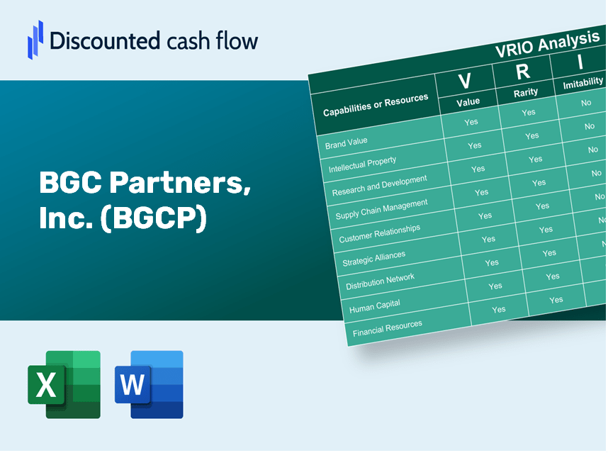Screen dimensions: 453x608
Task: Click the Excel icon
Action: pos(64,384)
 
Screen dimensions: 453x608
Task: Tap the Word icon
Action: pos(150,384)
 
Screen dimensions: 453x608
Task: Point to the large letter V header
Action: pos(465,82)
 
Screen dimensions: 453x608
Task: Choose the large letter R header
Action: pos(522,72)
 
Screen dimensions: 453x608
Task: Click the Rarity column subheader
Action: pos(526,92)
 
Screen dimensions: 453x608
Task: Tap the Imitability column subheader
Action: pos(582,84)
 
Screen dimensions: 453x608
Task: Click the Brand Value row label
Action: pos(347,142)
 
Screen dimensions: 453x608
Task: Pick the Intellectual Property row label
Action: pos(363,164)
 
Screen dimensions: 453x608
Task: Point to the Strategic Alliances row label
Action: pos(374,259)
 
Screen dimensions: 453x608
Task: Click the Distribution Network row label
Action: pos(381,281)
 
